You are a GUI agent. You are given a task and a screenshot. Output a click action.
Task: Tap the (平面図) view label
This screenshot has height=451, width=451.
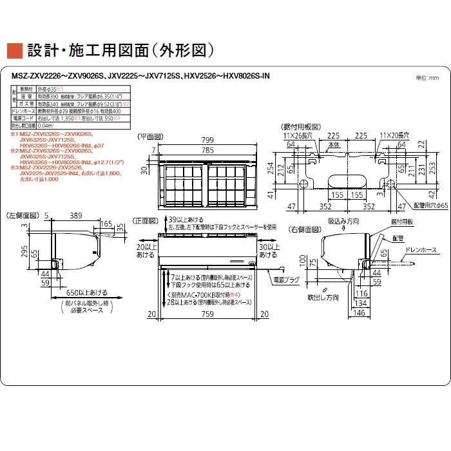tap(151, 137)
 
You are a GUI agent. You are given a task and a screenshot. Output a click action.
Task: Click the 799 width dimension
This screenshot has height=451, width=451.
tap(206, 140)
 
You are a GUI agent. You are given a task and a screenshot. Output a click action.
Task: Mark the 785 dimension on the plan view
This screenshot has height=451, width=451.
tap(206, 151)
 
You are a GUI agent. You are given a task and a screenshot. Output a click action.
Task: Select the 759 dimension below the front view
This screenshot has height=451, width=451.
tap(207, 314)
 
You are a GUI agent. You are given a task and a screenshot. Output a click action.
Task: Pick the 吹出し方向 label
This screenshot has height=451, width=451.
tap(322, 299)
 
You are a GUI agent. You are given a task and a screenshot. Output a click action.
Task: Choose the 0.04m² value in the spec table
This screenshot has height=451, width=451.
tap(48, 126)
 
